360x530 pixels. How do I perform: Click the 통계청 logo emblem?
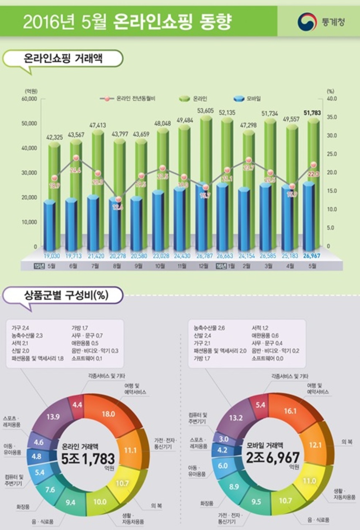click(306, 22)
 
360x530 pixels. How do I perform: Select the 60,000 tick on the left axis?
click(29, 99)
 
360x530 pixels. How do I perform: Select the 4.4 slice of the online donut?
click(77, 406)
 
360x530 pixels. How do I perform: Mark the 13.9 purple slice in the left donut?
click(54, 417)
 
